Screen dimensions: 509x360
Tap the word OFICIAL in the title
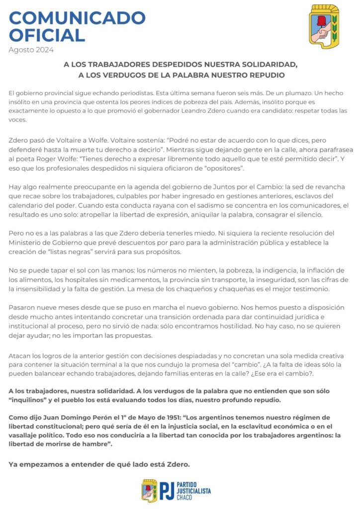[47, 35]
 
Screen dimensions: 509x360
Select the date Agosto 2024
[31, 50]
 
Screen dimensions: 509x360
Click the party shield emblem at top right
[324, 27]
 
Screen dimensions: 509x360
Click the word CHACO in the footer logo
[185, 497]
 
